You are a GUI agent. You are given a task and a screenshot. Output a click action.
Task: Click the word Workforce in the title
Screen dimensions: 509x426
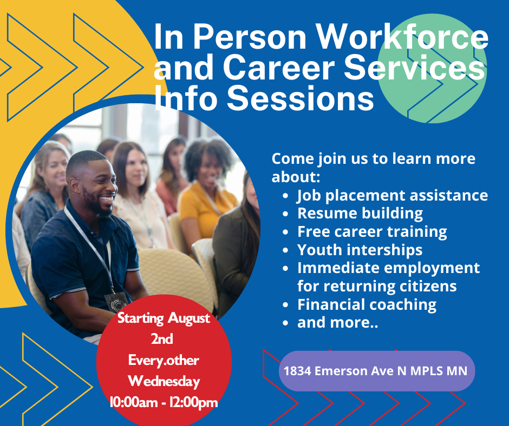[x=402, y=36]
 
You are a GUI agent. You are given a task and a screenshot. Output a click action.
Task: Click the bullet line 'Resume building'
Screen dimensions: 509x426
[x=360, y=214]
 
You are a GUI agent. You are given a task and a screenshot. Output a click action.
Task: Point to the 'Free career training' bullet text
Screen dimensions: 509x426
[x=372, y=232]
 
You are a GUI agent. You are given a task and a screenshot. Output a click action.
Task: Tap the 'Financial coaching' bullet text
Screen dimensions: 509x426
[x=367, y=305]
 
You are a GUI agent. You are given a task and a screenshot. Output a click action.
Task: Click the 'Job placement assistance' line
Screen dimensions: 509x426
[x=393, y=196]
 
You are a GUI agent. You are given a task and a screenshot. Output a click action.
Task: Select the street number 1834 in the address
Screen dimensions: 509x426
[x=297, y=371]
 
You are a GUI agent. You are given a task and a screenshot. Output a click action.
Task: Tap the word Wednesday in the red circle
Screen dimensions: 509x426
[x=164, y=382]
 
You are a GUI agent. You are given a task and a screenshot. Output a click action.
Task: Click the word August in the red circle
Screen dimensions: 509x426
[x=190, y=318]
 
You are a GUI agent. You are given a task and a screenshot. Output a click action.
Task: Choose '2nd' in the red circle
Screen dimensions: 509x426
[x=162, y=339]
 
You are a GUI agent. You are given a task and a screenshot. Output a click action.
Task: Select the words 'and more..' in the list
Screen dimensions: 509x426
[x=337, y=323]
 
